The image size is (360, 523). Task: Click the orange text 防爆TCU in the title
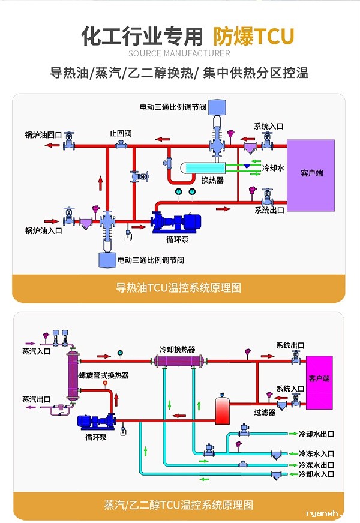[x=254, y=37]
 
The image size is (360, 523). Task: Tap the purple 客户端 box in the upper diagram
[x=311, y=175]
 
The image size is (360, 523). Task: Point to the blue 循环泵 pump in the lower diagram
[x=95, y=421]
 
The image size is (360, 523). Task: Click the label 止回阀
[x=120, y=133]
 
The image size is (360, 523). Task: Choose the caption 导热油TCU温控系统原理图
[x=178, y=288]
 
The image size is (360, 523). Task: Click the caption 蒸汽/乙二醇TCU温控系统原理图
[x=178, y=505]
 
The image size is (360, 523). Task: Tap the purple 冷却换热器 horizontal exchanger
[x=178, y=361]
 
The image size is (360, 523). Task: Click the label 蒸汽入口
[x=36, y=351]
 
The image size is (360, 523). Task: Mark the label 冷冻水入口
[x=316, y=453]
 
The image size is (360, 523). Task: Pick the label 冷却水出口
[x=316, y=434]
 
